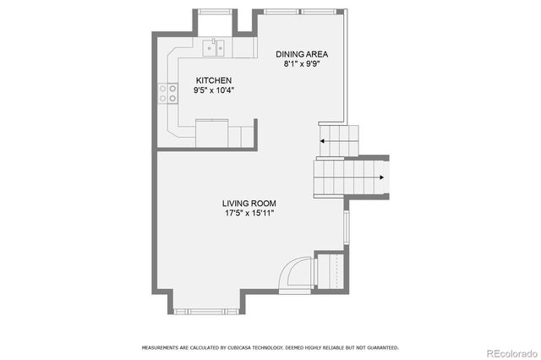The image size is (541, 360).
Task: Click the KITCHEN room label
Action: pos(214,80)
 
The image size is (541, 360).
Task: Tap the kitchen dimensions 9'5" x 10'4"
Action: pos(214,90)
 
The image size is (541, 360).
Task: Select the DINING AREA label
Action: pos(301,53)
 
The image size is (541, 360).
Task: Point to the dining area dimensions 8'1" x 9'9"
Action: pos(301,63)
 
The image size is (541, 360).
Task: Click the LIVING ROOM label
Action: pos(249,203)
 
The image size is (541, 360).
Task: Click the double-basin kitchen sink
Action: pos(215,48)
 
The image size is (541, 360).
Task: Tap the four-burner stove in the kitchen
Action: pos(167,92)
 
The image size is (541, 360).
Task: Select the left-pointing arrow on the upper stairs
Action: pos(323,141)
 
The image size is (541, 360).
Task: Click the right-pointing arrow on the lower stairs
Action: pos(381,177)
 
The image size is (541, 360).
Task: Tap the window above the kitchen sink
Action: pos(215,11)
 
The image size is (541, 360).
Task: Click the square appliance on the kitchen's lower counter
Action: pos(212,133)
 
